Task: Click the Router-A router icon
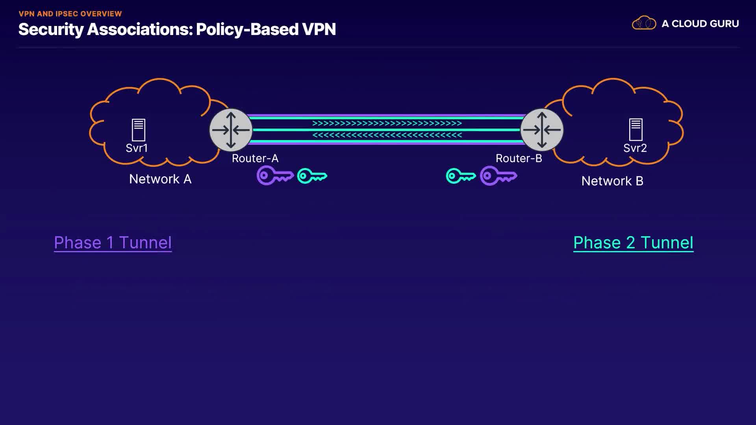pos(231,130)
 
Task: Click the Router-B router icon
pos(542,130)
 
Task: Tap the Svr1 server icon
pos(138,130)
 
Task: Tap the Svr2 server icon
pos(636,129)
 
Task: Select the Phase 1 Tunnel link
pos(113,242)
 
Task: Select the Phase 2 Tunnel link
pos(633,242)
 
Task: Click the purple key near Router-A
pos(274,176)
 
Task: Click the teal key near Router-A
pos(312,176)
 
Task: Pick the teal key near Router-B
pos(461,176)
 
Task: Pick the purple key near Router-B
pos(498,176)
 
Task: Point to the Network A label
pos(160,179)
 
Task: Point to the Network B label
pos(612,181)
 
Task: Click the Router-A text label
pos(255,158)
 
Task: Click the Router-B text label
pos(519,158)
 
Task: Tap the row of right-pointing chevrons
pos(387,123)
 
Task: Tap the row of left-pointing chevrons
pos(387,135)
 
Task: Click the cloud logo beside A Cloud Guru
pos(644,23)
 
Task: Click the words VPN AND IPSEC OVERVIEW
pos(70,14)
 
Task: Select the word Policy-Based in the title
pos(247,30)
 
